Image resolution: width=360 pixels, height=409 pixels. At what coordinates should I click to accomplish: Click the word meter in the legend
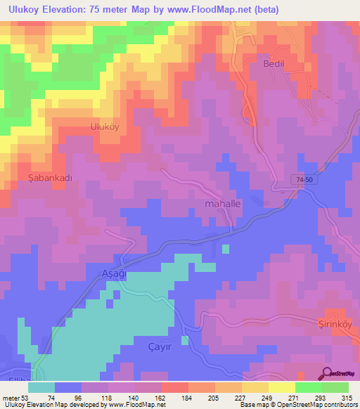tap(10, 397)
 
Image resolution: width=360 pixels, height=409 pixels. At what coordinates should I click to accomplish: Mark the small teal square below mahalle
tap(225, 248)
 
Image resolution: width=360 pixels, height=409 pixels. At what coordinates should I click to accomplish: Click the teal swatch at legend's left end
tap(41, 387)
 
